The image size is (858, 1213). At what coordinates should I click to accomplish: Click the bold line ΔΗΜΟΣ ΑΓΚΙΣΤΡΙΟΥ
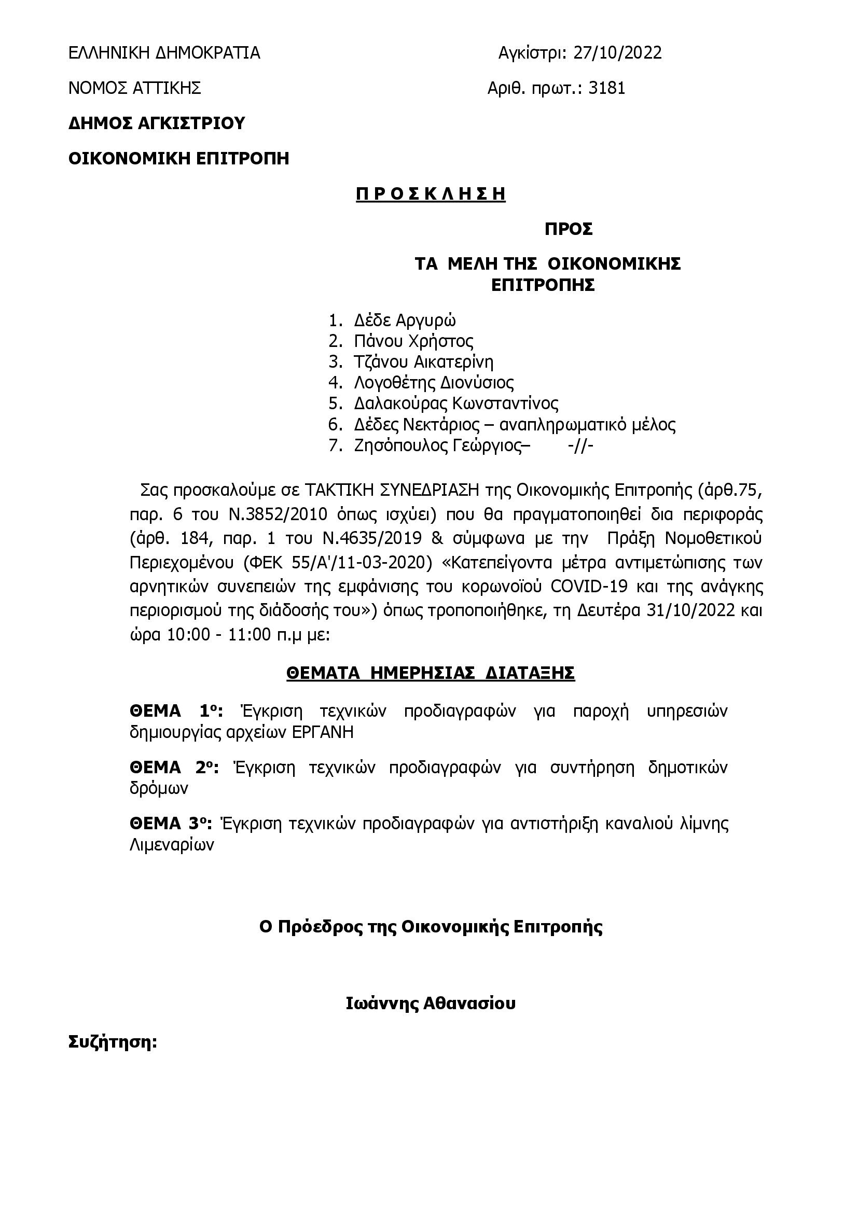pos(157,123)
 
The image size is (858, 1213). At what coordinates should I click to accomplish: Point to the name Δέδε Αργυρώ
pos(405,320)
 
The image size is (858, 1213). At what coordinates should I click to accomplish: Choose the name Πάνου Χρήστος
pos(413,341)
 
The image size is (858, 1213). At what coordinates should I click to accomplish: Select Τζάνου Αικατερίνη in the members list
pos(424,362)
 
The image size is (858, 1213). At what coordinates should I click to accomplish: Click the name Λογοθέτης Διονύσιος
pos(434,383)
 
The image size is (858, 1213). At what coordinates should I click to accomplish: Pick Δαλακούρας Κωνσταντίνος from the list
pos(456,403)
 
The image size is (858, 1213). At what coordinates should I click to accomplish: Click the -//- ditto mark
pos(580,446)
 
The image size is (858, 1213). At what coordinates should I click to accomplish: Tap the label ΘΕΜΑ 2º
pos(174,767)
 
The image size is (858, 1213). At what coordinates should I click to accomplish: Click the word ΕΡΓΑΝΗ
pos(323,733)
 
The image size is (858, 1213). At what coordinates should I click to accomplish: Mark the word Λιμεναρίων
pos(172,845)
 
